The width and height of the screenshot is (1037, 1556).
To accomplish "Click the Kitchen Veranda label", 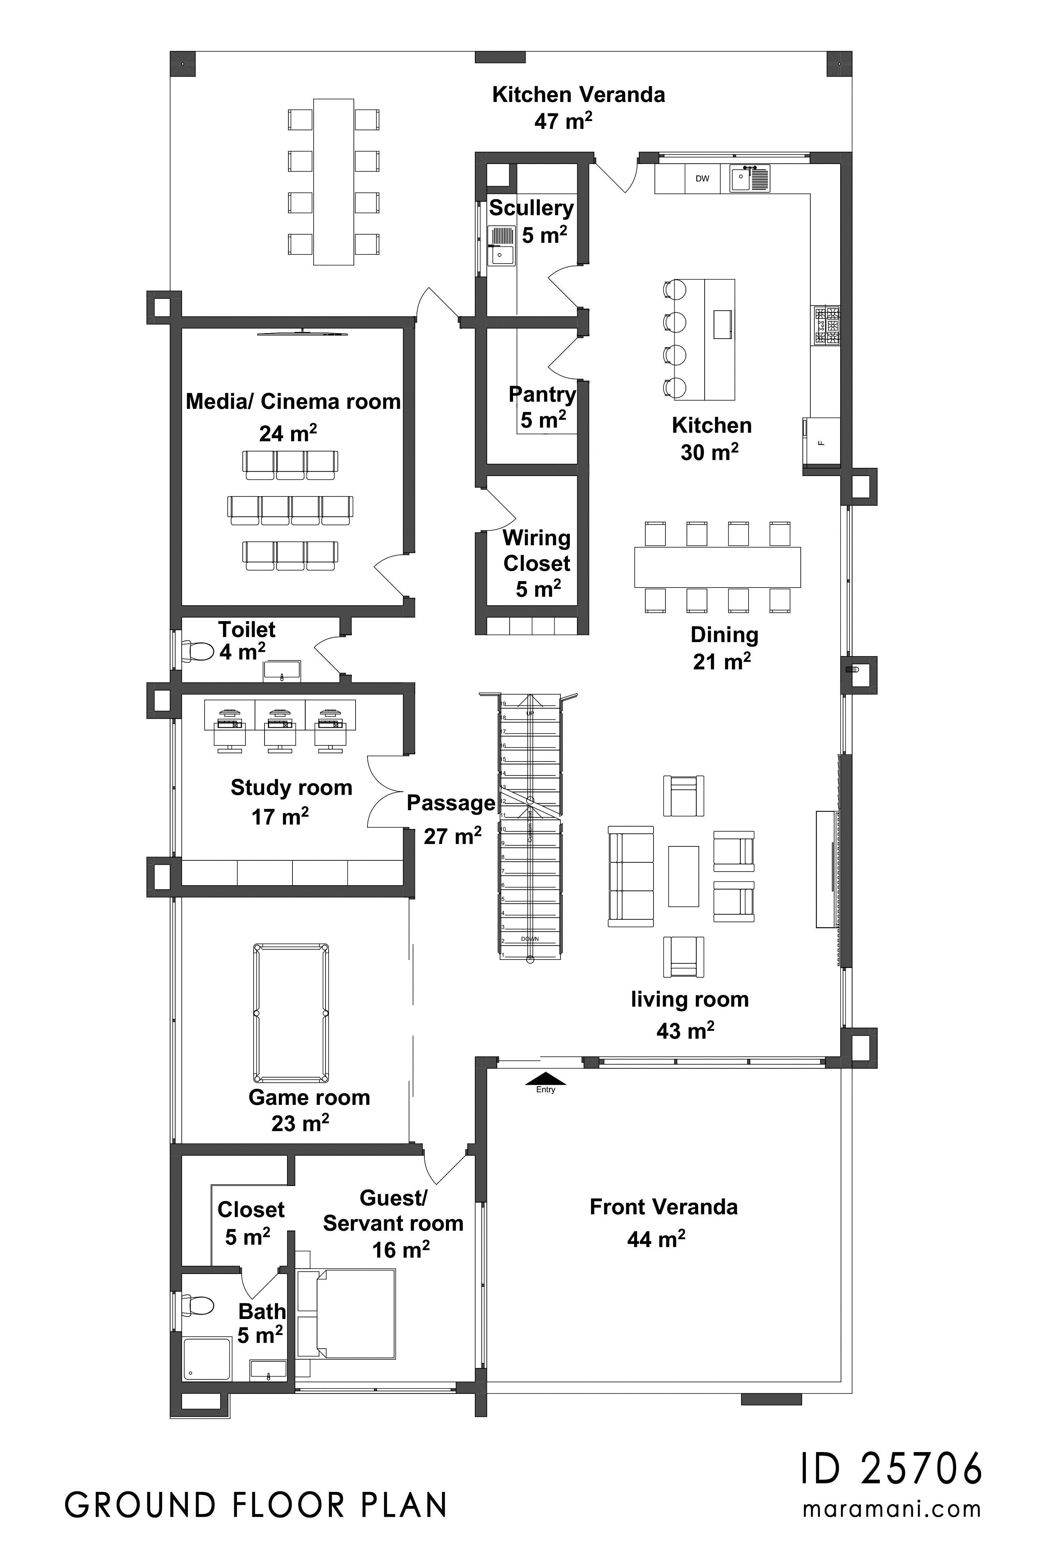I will [x=578, y=94].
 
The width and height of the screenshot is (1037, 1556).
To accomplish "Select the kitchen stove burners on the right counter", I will [x=827, y=326].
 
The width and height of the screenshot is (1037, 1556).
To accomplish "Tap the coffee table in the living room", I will [x=683, y=876].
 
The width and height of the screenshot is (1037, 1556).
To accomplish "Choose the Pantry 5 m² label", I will [x=542, y=407].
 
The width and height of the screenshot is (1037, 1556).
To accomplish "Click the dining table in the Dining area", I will [x=718, y=567].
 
